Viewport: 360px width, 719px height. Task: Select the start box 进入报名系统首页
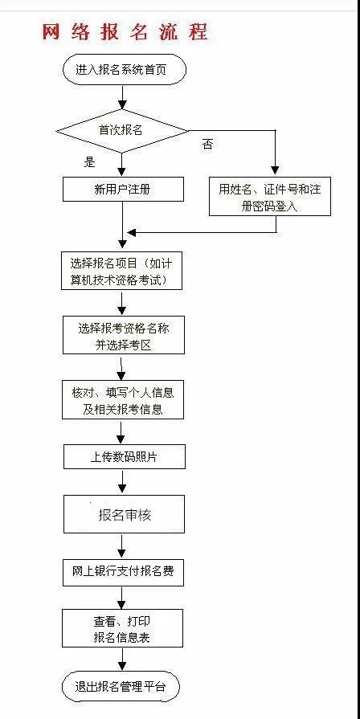(125, 70)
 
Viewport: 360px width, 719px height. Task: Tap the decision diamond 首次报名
(122, 131)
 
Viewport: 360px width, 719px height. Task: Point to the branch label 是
(89, 161)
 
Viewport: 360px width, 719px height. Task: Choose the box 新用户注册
(123, 189)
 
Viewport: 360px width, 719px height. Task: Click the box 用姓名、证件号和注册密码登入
(270, 196)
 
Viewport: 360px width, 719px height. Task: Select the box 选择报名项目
(122, 270)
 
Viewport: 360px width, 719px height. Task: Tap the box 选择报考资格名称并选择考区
(124, 335)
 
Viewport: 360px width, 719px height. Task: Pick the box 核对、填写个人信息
(123, 399)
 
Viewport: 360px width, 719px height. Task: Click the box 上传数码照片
(124, 457)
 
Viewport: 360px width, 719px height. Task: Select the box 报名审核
(124, 514)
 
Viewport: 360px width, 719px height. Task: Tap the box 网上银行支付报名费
(123, 572)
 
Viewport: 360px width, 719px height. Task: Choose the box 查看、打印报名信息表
(122, 628)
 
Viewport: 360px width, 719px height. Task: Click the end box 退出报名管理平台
(121, 686)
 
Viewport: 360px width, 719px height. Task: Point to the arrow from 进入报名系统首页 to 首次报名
(122, 96)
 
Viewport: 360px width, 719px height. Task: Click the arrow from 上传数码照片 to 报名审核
(122, 481)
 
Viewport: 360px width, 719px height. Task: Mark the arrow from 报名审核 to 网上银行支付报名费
(122, 545)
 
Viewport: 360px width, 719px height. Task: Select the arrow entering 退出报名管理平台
(122, 660)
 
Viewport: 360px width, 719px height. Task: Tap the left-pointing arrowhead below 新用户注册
(130, 232)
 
